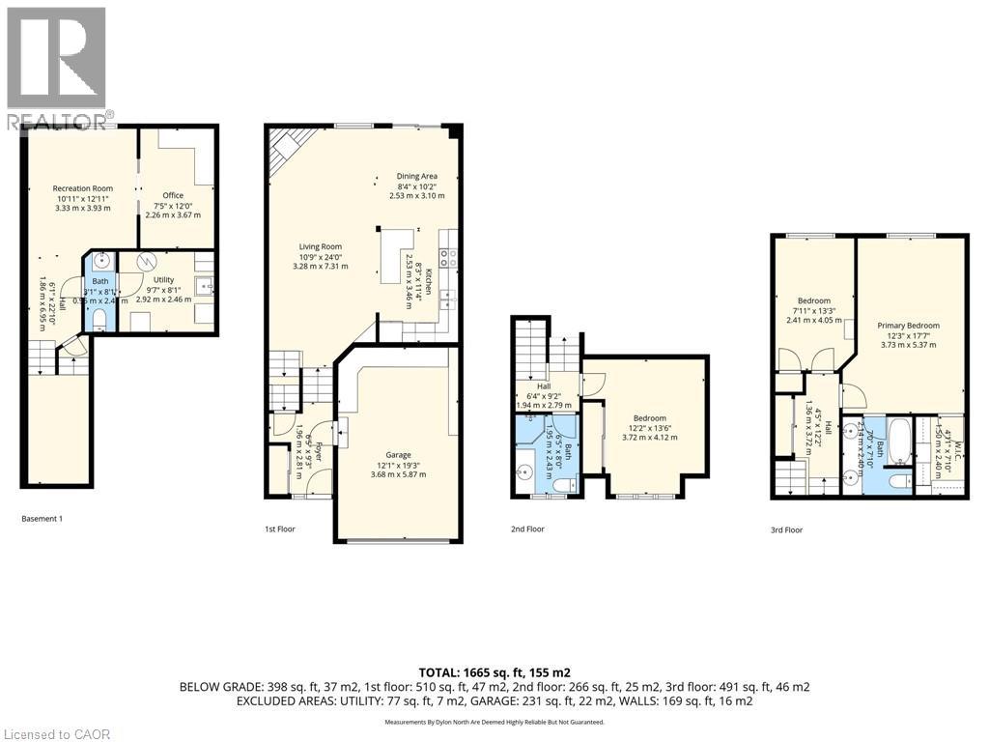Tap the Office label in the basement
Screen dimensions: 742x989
pos(173,195)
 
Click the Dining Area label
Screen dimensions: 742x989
pos(416,176)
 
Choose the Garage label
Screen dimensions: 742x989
pos(398,455)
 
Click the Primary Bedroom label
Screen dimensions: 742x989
pos(909,326)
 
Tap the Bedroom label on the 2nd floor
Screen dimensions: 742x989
pos(649,418)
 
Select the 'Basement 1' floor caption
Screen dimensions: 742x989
pos(42,519)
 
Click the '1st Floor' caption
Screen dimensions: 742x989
pos(280,529)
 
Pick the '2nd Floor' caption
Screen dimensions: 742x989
pos(527,529)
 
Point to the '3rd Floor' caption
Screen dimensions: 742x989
pos(786,529)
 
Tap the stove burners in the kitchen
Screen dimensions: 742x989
pos(448,257)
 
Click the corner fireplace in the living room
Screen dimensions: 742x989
pos(286,150)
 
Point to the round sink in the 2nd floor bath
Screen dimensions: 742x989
pos(527,472)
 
